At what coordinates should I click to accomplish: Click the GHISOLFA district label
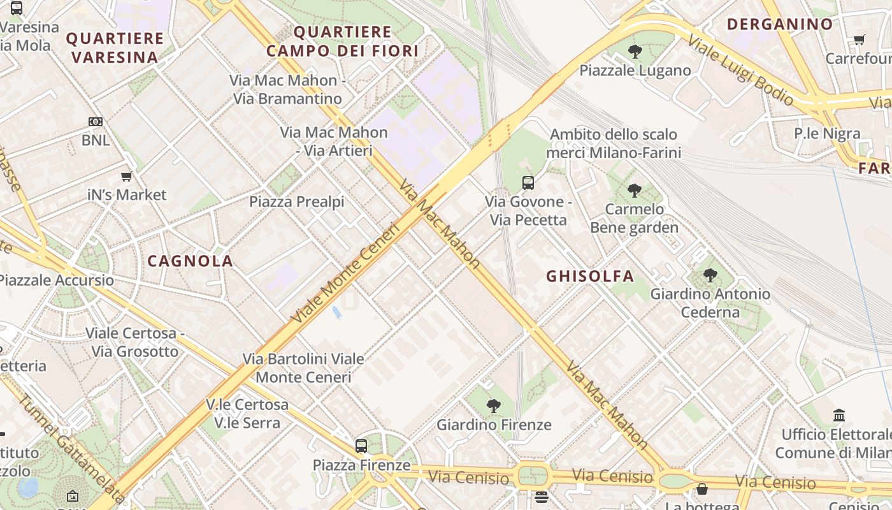[x=590, y=276]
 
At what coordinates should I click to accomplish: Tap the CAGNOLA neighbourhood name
[x=190, y=261]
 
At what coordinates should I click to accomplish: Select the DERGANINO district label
[x=779, y=24]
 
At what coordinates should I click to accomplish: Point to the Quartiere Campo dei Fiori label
[x=342, y=41]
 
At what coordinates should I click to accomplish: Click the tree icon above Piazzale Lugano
[x=635, y=52]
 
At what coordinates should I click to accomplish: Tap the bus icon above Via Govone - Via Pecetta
[x=528, y=183]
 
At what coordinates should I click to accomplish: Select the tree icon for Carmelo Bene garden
[x=634, y=190]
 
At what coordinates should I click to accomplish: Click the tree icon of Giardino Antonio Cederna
[x=710, y=275]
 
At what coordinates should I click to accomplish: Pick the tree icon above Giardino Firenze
[x=493, y=405]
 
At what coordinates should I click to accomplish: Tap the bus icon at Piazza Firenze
[x=361, y=446]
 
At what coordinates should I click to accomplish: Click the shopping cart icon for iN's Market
[x=126, y=176]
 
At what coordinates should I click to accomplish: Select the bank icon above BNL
[x=95, y=122]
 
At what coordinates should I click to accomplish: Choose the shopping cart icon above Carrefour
[x=859, y=40]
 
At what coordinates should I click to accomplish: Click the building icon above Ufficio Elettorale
[x=839, y=416]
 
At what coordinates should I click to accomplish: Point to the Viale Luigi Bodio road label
[x=740, y=69]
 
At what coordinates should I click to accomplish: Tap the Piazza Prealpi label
[x=296, y=202]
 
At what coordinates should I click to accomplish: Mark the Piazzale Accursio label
[x=56, y=280]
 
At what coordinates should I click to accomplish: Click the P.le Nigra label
[x=826, y=134]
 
